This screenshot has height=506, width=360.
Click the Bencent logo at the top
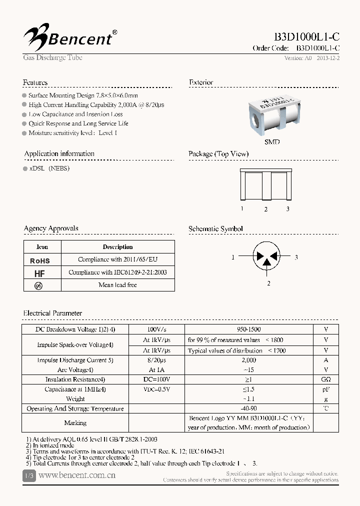(x=70, y=36)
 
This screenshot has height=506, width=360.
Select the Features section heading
(x=35, y=82)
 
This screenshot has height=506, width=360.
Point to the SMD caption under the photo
(x=272, y=142)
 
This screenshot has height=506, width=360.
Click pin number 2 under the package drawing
(x=266, y=209)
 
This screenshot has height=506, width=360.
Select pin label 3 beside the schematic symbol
(x=296, y=257)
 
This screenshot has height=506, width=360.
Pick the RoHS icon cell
(x=40, y=260)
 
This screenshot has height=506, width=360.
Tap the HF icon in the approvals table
(x=40, y=273)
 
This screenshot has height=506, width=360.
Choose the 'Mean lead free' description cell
(x=117, y=285)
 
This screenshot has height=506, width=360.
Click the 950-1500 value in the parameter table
(x=248, y=330)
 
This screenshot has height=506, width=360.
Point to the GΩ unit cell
(x=326, y=379)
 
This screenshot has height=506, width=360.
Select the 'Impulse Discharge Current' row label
(x=75, y=360)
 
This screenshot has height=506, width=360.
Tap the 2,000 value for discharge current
(x=248, y=360)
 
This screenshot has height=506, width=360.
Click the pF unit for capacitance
(x=326, y=389)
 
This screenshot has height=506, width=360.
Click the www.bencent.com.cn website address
(x=77, y=475)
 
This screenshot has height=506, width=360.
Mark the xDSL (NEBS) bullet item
(x=49, y=168)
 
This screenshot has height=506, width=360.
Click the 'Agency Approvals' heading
(x=51, y=228)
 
